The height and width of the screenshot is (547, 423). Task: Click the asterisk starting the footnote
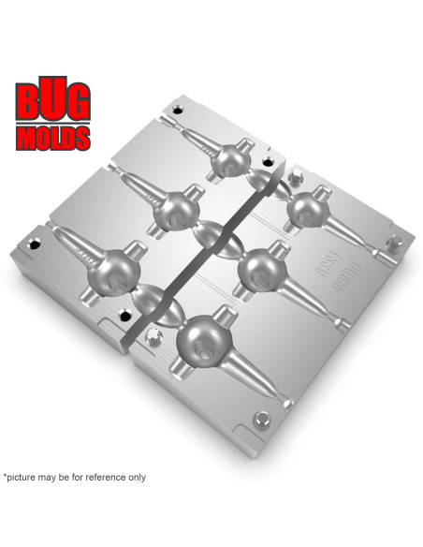[x=6, y=475]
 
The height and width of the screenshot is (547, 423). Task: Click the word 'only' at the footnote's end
[x=137, y=477]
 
